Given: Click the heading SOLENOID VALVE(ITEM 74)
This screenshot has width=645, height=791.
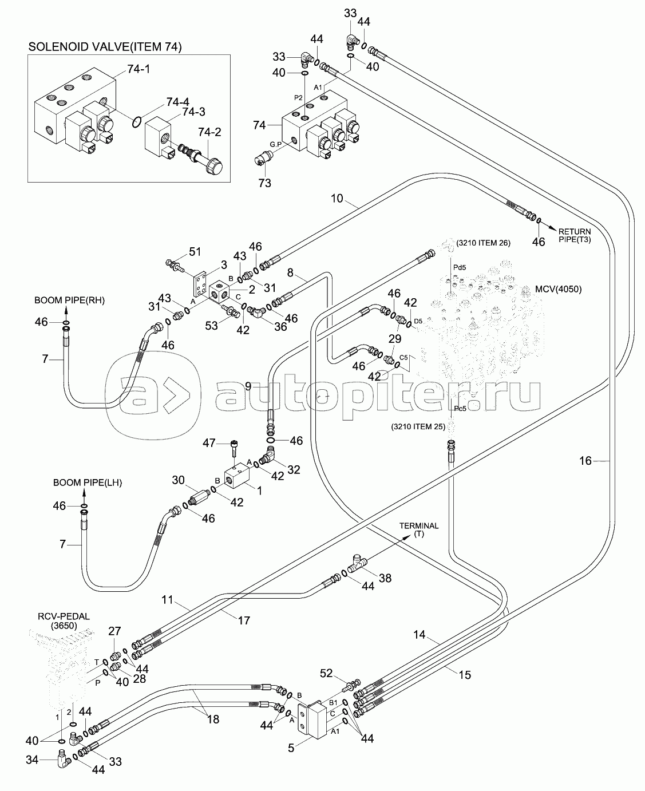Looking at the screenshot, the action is point(105,47).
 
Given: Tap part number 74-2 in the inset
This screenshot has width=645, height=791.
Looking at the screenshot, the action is point(209,132).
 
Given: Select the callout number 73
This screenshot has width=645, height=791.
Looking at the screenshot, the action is point(265,183).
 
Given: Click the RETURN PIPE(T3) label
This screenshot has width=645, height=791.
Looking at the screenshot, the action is point(575,235).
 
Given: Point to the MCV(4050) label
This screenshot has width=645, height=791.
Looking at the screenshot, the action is point(559,289).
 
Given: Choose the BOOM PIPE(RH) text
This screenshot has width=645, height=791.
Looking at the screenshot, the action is point(69,300).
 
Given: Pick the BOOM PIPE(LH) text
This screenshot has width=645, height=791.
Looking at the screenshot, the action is point(88,482).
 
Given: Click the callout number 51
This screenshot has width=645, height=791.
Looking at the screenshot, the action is point(195,252).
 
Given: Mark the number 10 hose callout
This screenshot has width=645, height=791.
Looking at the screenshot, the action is point(337,199).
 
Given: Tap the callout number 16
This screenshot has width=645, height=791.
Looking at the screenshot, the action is point(585,461).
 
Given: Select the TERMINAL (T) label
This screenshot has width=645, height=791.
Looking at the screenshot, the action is point(419,530).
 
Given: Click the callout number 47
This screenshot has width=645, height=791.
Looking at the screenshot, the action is point(209,443).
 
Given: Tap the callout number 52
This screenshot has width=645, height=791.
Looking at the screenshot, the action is point(326,673).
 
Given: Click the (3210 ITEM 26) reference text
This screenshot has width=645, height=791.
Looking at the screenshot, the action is point(484,243).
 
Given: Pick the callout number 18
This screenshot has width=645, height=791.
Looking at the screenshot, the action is point(213,719).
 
